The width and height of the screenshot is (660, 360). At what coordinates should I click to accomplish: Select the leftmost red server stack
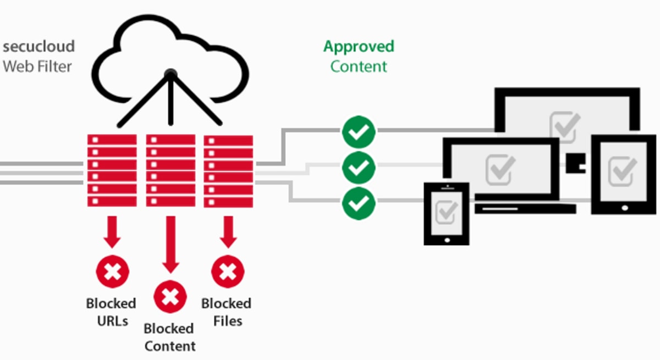(x=112, y=170)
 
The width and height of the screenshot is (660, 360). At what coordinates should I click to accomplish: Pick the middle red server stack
(x=170, y=170)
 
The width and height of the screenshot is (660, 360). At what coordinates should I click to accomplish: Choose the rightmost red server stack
(x=228, y=170)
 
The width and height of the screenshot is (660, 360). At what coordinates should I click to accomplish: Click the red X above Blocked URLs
(x=112, y=272)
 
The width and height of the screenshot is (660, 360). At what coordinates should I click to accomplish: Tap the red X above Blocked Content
(x=170, y=297)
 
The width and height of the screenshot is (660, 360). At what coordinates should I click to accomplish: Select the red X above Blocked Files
(x=228, y=272)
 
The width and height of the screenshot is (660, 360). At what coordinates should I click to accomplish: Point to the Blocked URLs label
(x=111, y=311)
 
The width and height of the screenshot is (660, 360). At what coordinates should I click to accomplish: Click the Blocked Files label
(x=226, y=311)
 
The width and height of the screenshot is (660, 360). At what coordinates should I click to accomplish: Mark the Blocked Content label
(x=169, y=337)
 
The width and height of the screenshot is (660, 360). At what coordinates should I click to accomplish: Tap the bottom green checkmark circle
(x=359, y=203)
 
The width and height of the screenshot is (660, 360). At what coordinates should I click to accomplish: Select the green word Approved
(x=359, y=47)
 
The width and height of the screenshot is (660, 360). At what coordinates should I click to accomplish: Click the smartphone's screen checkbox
(x=446, y=212)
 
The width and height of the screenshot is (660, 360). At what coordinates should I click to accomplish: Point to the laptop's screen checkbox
(x=501, y=170)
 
